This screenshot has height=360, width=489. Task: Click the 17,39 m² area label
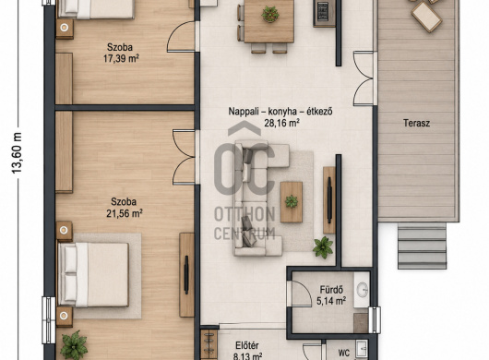tap(121, 58)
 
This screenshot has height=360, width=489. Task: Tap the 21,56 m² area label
tap(125, 213)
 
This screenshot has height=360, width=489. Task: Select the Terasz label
tap(416, 123)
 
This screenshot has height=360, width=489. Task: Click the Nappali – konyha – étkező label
tap(280, 112)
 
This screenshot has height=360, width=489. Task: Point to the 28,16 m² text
tap(282, 123)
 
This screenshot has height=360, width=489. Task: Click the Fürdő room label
tap(331, 290)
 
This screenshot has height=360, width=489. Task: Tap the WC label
tap(343, 353)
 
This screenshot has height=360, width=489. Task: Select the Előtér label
tap(247, 345)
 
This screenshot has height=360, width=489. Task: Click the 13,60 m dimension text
tap(17, 153)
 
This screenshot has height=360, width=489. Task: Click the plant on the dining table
tap(270, 14)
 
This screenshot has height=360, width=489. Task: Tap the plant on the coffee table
tap(292, 201)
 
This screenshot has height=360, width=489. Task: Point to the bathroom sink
tap(362, 290)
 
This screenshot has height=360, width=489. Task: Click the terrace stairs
tap(422, 246)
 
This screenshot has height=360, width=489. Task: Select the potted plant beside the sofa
tap(323, 247)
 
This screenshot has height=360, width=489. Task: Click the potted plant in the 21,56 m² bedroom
tap(74, 345)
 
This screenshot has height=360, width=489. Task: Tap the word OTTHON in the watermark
tap(244, 214)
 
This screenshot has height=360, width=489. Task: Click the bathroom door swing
tap(301, 294)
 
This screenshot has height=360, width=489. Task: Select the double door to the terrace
tap(364, 78)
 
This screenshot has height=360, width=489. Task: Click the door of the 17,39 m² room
tap(182, 37)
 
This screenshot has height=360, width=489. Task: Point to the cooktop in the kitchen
tap(324, 13)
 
